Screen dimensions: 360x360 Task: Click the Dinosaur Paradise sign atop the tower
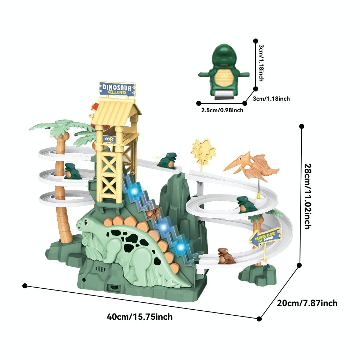(117, 89)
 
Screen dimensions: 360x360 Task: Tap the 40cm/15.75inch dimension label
(140, 317)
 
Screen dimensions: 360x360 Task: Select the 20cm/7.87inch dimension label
(307, 303)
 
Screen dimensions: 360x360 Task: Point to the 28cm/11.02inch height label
(308, 196)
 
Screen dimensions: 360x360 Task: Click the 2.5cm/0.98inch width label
(222, 110)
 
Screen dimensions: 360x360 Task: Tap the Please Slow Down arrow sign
(265, 237)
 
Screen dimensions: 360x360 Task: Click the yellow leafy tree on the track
(203, 152)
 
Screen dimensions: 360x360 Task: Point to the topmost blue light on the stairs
(134, 191)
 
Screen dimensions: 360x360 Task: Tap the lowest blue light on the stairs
(181, 247)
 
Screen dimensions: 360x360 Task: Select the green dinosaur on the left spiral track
(72, 171)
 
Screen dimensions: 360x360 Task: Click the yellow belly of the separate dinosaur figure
(224, 78)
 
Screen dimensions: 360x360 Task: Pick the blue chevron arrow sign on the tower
(109, 139)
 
